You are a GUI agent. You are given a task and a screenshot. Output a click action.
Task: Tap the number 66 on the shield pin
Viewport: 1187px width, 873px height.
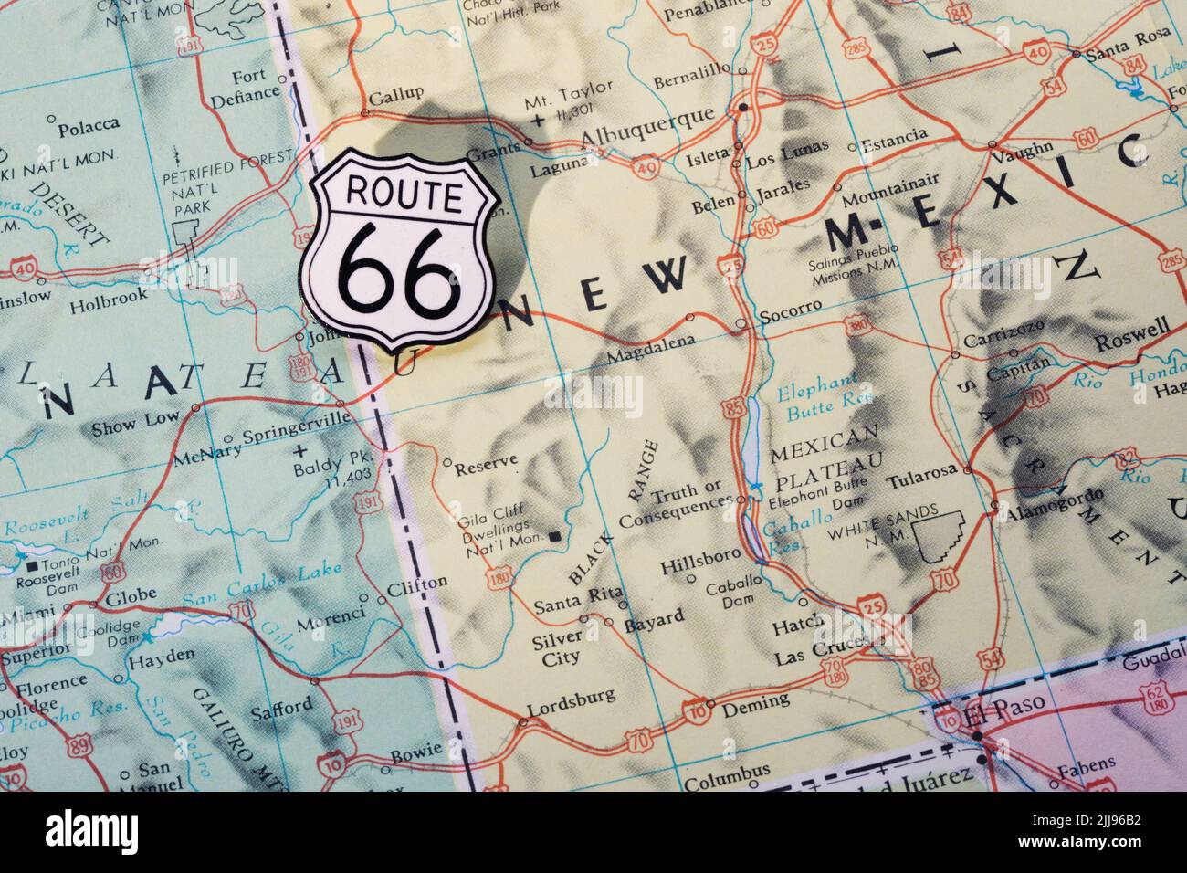tap(399, 268)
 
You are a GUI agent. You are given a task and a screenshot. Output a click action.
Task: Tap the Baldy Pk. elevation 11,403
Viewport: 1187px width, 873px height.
tap(346, 473)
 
